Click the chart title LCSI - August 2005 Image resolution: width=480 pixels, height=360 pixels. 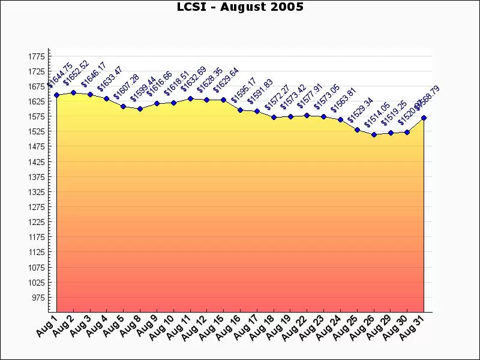click(240, 7)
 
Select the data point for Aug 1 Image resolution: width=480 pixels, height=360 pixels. click(56, 95)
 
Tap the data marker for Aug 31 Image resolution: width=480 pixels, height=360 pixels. click(424, 118)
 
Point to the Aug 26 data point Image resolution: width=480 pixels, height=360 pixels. click(374, 134)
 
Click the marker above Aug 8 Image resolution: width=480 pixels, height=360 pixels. click(140, 109)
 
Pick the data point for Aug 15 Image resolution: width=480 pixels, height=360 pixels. click(223, 100)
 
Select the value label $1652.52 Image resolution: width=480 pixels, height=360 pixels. click(76, 73)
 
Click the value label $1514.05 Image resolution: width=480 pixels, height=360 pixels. click(377, 115)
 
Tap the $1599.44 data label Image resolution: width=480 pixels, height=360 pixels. click(143, 89)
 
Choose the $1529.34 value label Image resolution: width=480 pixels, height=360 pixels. click(361, 110)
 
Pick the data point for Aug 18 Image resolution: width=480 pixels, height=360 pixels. click(274, 117)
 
